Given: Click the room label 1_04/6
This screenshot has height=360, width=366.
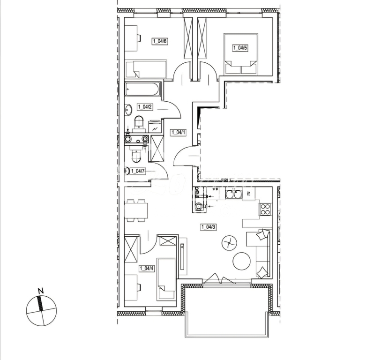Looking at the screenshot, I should point(160,41).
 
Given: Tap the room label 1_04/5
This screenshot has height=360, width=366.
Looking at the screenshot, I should point(240,47).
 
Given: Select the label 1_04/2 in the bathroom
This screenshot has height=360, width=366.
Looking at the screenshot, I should point(145,107).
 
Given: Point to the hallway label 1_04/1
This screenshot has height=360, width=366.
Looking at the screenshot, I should point(178,133).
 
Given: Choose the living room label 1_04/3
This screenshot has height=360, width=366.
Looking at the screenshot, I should point(209,227).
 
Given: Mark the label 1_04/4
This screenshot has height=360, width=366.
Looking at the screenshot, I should point(147,269).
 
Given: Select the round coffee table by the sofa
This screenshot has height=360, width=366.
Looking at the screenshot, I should point(242,261).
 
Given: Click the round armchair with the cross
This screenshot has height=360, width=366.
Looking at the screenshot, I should point(229,242).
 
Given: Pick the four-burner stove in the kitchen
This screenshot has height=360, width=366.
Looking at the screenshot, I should point(265,209).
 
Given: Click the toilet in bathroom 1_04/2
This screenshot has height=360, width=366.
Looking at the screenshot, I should point(139,123).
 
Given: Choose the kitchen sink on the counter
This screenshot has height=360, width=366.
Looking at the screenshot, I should point(232,194).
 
